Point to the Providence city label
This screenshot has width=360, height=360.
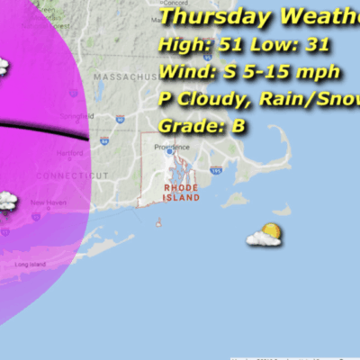click(172, 147)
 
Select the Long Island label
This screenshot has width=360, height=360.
click(31, 265)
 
